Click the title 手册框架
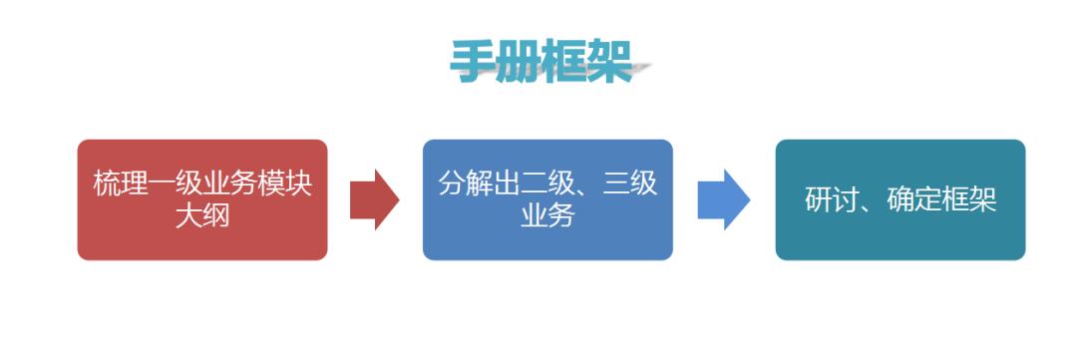(x=540, y=63)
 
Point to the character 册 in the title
(x=517, y=63)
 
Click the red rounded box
(x=202, y=199)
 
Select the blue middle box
(x=547, y=199)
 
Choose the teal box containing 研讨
(x=899, y=199)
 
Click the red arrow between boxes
(x=374, y=199)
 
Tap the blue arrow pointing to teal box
(x=723, y=199)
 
